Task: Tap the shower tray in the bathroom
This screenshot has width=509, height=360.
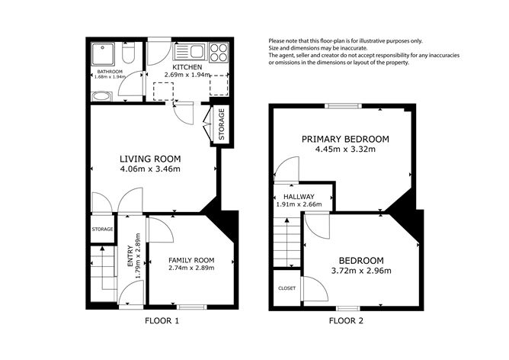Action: [103, 54]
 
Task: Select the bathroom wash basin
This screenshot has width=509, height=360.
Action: [102, 96]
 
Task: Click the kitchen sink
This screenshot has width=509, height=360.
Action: [190, 52]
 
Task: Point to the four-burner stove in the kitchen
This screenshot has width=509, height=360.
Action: [219, 53]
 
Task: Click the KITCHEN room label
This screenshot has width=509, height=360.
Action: [187, 67]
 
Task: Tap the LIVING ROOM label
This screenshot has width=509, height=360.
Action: [150, 159]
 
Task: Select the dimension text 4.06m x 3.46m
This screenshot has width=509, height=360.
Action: [150, 169]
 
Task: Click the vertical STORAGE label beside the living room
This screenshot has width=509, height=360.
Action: [222, 124]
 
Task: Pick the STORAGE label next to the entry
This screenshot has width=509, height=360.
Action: [102, 229]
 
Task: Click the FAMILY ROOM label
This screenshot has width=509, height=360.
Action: [191, 260]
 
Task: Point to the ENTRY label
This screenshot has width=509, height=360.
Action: [130, 256]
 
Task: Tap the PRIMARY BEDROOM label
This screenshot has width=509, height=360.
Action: [345, 139]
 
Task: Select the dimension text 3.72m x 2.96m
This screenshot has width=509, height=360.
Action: [361, 271]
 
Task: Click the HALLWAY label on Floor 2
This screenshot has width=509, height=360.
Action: [299, 197]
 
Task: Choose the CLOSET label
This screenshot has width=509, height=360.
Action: [287, 288]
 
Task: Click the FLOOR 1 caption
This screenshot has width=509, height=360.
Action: [162, 321]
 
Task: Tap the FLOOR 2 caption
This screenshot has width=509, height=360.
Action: [346, 321]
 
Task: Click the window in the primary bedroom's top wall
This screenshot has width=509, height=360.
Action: [344, 105]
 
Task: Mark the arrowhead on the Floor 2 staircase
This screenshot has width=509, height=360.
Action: [287, 220]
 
